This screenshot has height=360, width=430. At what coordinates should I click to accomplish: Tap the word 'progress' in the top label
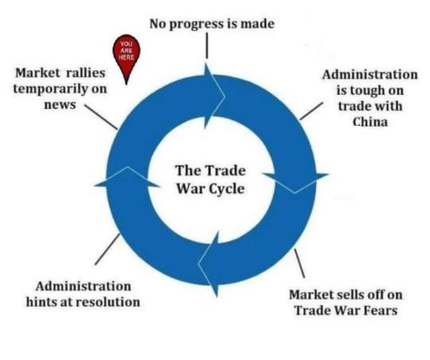click(x=197, y=25)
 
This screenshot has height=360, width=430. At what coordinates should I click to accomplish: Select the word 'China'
click(x=370, y=122)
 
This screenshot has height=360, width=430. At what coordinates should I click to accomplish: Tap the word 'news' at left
click(x=60, y=105)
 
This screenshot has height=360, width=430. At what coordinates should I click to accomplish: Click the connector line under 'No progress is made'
click(x=207, y=45)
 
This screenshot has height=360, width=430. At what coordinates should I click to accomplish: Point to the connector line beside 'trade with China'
click(x=311, y=112)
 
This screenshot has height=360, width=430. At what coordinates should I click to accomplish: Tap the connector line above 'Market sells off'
click(x=299, y=263)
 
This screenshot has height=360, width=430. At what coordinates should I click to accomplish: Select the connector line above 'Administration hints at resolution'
click(x=107, y=249)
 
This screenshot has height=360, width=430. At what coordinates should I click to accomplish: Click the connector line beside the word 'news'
click(x=100, y=116)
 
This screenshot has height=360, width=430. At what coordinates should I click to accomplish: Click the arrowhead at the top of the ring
click(x=215, y=96)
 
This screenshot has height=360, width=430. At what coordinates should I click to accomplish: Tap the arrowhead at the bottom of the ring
click(x=209, y=264)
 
